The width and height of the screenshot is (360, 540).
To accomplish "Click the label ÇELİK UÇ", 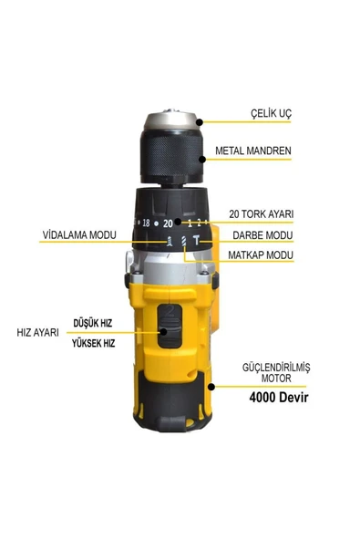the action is [x=271, y=113].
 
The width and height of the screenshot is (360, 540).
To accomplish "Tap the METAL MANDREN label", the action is [x=253, y=151].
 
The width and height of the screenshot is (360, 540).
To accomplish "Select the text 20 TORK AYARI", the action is [x=262, y=213].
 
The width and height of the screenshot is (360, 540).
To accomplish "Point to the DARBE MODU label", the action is [x=262, y=235].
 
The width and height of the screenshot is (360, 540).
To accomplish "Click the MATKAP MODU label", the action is [x=261, y=255].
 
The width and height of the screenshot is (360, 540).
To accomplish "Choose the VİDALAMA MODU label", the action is [x=79, y=234].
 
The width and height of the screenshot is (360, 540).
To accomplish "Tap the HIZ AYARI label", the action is [x=38, y=332].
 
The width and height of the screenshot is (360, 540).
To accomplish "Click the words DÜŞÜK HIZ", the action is [x=93, y=323].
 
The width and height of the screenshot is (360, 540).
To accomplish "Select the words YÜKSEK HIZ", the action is [x=93, y=343].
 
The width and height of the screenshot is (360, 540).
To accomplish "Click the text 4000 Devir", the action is [x=279, y=397].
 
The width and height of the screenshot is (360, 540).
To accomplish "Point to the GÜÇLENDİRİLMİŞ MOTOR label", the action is [x=276, y=373].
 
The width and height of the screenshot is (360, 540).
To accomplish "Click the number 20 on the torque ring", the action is [x=168, y=223].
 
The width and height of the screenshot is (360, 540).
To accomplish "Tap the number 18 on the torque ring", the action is [x=146, y=223].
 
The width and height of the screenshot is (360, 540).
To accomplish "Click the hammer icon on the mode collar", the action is [x=196, y=240].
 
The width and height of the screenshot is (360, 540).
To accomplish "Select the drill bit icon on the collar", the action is [x=184, y=241].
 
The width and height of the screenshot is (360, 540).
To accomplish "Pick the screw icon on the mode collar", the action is [x=170, y=241].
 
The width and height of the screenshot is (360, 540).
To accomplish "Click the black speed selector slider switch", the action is [x=170, y=326].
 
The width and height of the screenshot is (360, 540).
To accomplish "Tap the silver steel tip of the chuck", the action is [x=170, y=119].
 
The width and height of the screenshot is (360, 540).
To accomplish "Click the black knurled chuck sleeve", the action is [x=171, y=157].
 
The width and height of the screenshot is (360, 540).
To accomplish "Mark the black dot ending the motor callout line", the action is [x=211, y=387].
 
